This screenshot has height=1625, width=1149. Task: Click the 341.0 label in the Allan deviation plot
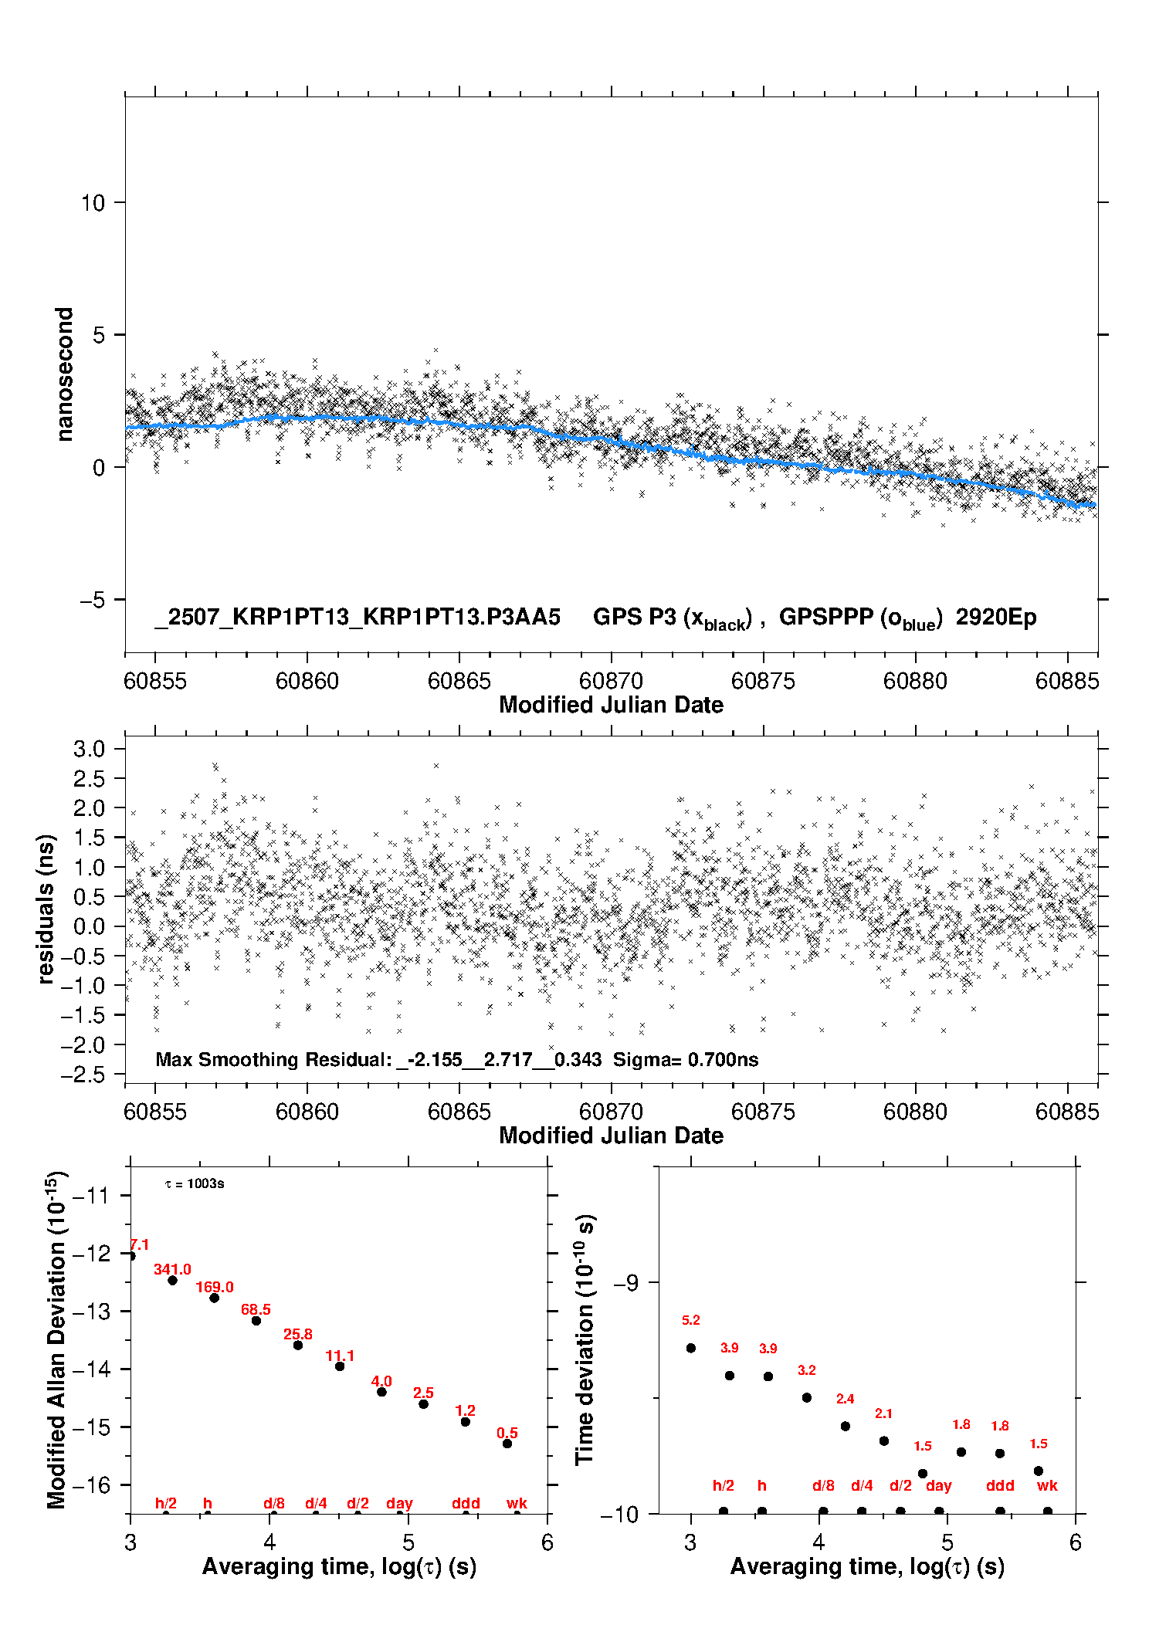coord(172,1269)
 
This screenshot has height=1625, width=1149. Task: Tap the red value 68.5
coord(256,1309)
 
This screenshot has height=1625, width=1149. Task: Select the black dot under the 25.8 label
coord(298,1345)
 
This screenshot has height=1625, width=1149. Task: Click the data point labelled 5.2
coord(691,1348)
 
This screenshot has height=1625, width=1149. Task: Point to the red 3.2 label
coord(807,1370)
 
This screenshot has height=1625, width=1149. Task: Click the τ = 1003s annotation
coord(195,1183)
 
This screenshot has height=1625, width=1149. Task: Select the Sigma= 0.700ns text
coord(686,1059)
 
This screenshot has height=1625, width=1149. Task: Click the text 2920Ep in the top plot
coord(996,617)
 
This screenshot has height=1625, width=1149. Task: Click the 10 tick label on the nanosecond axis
coord(93,202)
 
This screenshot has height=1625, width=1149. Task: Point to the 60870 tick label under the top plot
coord(611,680)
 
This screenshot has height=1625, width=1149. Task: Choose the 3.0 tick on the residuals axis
coord(89,748)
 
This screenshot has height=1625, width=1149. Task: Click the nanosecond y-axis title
coord(64,374)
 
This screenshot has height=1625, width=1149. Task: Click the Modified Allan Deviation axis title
coord(56,1339)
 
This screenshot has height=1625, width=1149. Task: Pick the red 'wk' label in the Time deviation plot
coord(1047,1486)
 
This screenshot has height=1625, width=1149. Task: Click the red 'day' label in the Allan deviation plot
coord(399,1504)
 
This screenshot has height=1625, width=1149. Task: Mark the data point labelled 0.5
coord(507,1444)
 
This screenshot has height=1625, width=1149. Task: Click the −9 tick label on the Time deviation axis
coord(626,1282)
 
